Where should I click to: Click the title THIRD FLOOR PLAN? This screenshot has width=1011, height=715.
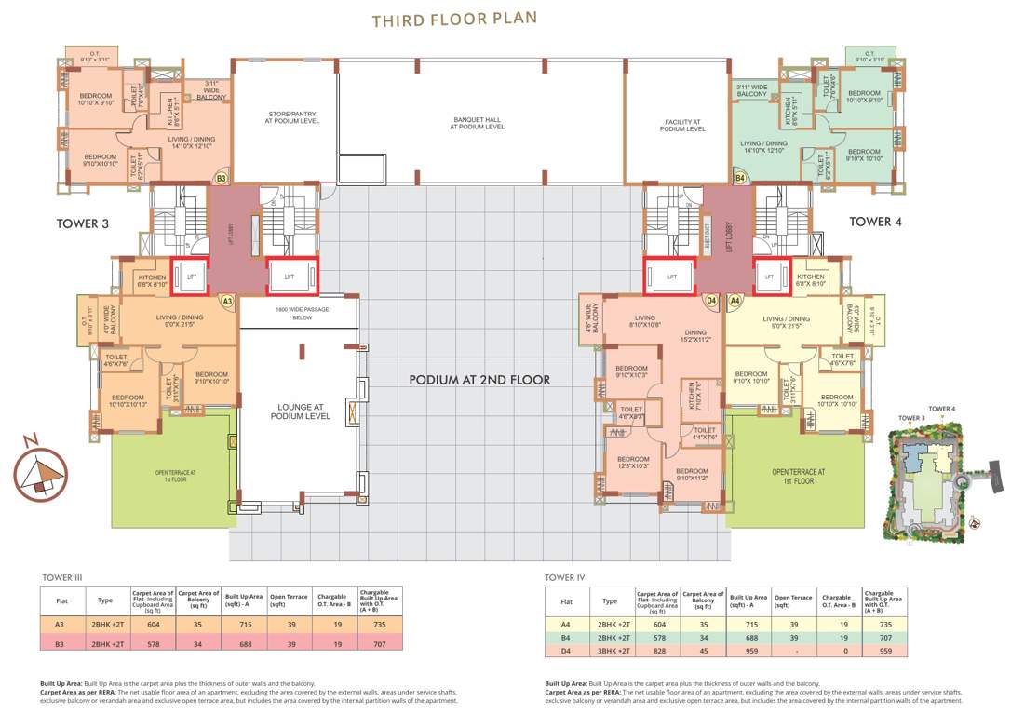(x=454, y=20)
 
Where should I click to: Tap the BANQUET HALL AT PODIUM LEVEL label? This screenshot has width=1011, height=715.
(x=478, y=123)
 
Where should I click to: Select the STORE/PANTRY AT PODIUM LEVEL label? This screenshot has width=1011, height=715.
(x=285, y=118)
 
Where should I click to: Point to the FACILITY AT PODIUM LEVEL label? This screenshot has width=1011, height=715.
(x=682, y=126)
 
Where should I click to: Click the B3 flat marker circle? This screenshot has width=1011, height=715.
(x=222, y=177)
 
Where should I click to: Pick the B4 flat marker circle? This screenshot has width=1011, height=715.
(x=740, y=177)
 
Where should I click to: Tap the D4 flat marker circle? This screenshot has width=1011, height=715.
(x=711, y=301)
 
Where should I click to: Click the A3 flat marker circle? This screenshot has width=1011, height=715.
(x=226, y=301)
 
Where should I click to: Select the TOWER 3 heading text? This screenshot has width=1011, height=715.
(x=83, y=223)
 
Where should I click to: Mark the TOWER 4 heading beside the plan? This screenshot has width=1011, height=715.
(x=876, y=222)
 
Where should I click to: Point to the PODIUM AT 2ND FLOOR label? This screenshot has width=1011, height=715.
(x=479, y=380)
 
